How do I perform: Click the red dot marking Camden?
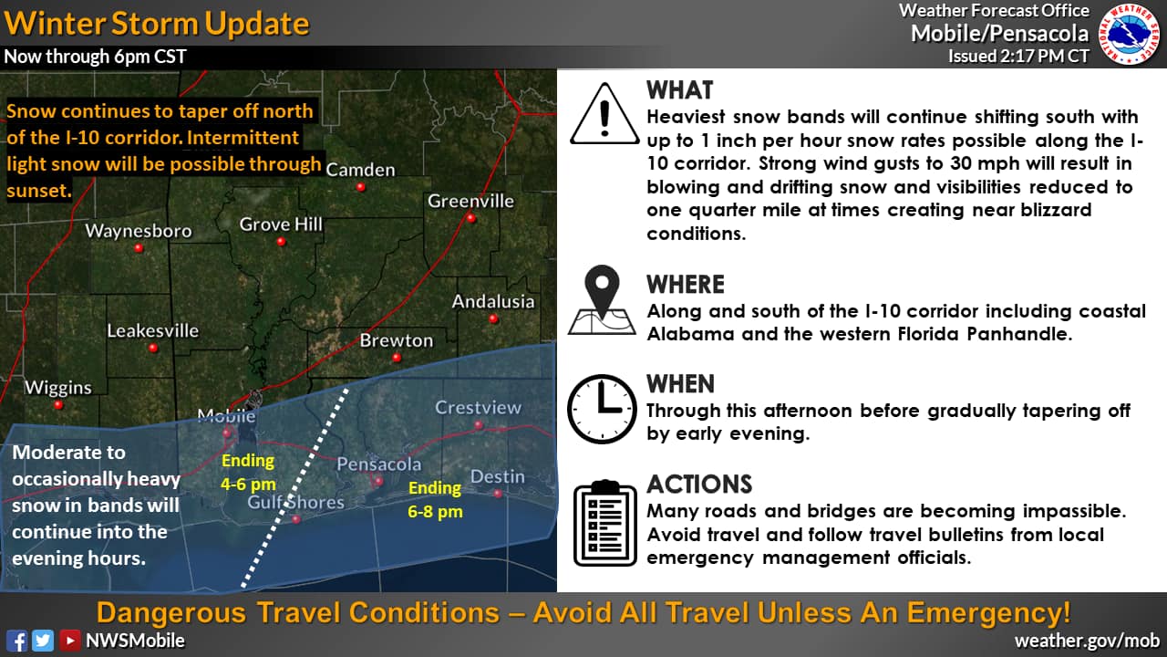click(x=360, y=187)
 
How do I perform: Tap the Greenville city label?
click(x=470, y=201)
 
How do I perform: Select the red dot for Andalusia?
click(x=493, y=319)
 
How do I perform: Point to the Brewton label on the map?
click(x=396, y=340)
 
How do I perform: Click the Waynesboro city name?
click(x=139, y=231)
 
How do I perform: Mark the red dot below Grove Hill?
click(x=281, y=242)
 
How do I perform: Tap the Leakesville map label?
click(x=152, y=330)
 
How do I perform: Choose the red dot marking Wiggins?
click(x=58, y=404)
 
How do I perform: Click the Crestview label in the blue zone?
click(x=478, y=407)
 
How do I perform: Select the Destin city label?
click(x=497, y=476)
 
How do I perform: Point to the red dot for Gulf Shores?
click(x=296, y=519)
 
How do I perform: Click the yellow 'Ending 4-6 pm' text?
click(x=248, y=473)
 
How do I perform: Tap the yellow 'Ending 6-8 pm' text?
click(x=435, y=499)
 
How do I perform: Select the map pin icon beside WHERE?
click(x=603, y=300)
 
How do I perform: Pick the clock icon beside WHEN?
click(x=602, y=410)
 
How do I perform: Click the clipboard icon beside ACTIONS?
click(x=604, y=523)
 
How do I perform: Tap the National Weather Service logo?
click(x=1130, y=34)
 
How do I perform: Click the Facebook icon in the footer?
click(x=16, y=641)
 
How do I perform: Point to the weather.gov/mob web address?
click(x=1088, y=641)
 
